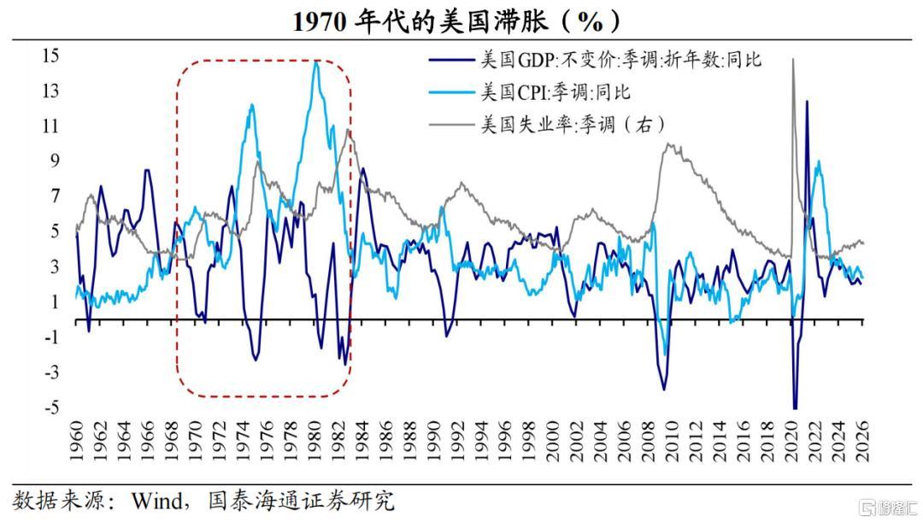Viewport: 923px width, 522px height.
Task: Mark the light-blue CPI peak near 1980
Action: [x=316, y=62]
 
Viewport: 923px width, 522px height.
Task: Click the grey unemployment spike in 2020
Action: [x=793, y=60]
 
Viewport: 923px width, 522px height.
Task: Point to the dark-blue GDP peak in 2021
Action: [x=806, y=102]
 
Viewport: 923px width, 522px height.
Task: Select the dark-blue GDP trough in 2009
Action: [x=664, y=389]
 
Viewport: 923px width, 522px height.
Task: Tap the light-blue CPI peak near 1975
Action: [x=252, y=105]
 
